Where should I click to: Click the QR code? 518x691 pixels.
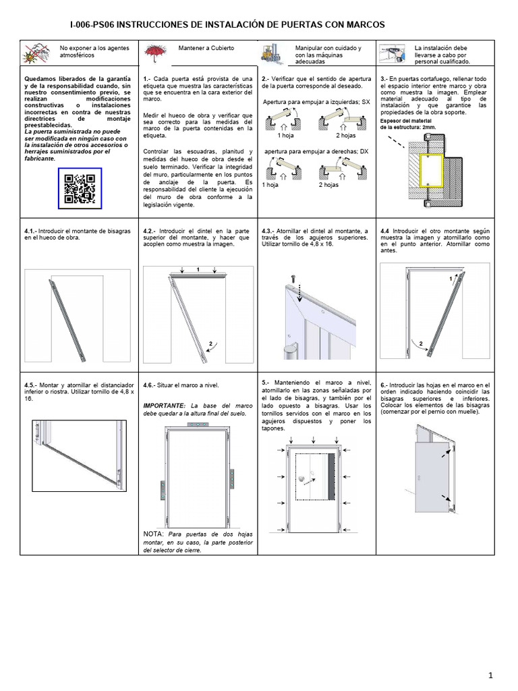coord(79,188)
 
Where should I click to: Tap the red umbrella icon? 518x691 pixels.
coord(156,51)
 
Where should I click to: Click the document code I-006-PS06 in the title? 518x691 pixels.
coord(93,24)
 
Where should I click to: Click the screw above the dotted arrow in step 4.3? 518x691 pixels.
coord(293,278)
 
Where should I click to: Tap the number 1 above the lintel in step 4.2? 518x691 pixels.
coord(198,269)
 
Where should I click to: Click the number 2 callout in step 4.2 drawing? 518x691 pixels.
coord(210,344)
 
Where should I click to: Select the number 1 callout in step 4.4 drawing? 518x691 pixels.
coord(450,278)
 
